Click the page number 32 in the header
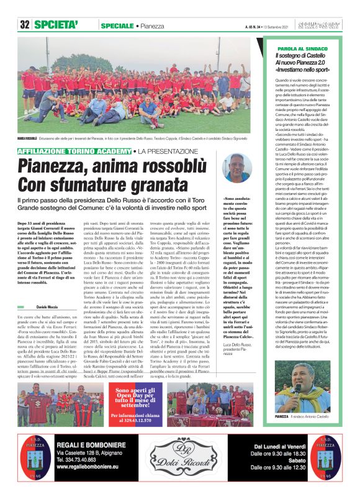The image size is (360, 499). (x=25, y=24)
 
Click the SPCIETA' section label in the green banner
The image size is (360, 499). (x=56, y=24)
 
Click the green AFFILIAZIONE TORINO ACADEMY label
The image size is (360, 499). (x=75, y=151)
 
